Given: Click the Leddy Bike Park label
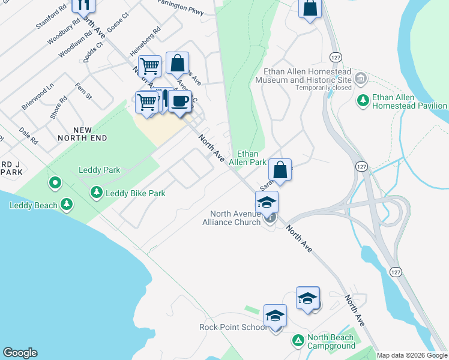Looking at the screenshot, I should tap(135, 193).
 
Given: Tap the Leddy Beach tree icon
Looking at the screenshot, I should tap(68, 206).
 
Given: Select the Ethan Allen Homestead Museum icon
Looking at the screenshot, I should tap(361, 79).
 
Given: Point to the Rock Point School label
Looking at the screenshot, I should tap(234, 327).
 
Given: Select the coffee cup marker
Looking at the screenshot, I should tap(179, 101).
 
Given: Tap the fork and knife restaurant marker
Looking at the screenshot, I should tap(83, 5).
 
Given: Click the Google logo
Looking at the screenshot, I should tap(20, 353).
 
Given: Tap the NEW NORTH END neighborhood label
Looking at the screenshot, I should tap(82, 134).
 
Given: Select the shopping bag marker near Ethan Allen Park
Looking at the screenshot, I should tap(280, 170).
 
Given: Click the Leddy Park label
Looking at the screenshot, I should tap(100, 170).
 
